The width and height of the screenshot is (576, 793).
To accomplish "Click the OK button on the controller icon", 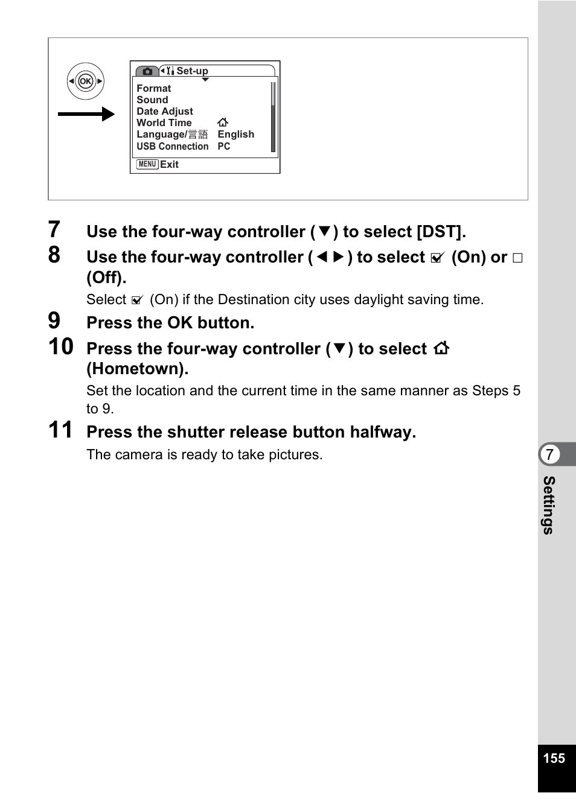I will point(86,81).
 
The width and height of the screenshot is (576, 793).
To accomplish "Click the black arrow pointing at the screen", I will point(86,114).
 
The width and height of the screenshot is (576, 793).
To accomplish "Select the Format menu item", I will point(153,88).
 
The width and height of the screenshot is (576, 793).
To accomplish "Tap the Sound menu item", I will point(152,100).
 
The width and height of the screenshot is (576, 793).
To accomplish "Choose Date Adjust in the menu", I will point(164,111).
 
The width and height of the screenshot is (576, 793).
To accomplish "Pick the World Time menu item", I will point(164,123).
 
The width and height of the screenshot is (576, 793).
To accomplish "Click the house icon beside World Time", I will point(223,123).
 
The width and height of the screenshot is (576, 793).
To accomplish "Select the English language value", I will point(235,134).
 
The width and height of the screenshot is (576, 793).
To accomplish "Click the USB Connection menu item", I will point(172,146).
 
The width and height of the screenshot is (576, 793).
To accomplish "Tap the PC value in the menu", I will point(223,146).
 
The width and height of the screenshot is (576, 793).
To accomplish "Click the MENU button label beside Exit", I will point(147,164).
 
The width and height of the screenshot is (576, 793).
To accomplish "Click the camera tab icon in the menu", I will point(147,71).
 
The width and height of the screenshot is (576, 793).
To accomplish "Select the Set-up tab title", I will point(192,71).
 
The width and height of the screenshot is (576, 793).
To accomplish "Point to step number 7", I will point(54,230).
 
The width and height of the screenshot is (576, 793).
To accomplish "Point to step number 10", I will point(61,347).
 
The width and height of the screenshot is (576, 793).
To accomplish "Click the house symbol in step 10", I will point(441,348).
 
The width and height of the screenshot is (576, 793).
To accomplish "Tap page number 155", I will point(554,759).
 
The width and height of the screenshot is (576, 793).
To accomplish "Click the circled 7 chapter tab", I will point(549,454).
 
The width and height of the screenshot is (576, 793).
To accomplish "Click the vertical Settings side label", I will point(548,505).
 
